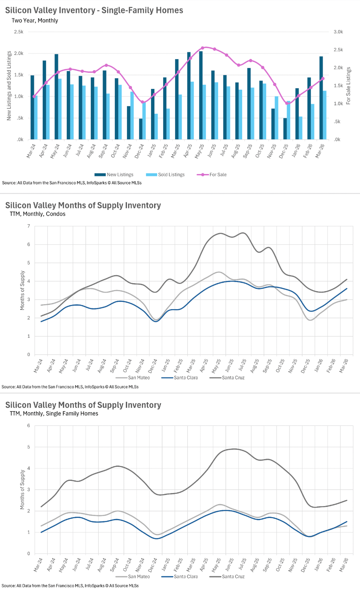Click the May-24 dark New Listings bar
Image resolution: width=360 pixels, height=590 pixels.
[56, 97]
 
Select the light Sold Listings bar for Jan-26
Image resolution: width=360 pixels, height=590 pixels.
[301, 128]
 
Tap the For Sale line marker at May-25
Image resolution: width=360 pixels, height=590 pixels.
[202, 48]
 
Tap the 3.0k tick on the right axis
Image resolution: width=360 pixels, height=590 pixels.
[338, 32]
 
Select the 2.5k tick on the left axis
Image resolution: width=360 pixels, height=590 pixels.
[19, 32]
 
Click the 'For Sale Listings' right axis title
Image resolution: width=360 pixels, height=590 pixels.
[348, 86]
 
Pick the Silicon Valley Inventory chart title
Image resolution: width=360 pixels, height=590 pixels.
[94, 10]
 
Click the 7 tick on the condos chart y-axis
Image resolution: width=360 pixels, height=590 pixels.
[29, 226]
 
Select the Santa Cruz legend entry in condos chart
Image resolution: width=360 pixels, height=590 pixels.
[233, 378]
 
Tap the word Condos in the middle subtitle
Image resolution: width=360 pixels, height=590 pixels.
[56, 214]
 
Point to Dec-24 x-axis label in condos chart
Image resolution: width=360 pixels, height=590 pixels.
[153, 366]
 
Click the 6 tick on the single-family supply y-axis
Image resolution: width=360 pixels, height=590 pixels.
[29, 426]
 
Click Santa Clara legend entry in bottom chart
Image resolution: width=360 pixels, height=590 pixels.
[186, 577]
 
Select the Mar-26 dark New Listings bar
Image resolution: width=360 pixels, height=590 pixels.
[321, 98]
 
